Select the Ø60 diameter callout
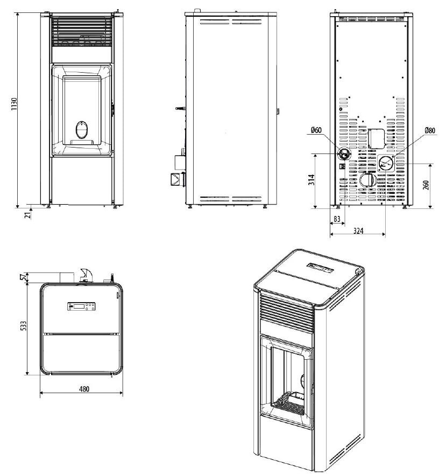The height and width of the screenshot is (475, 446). tap(316, 130)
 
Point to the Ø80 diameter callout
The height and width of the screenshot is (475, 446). tap(429, 130)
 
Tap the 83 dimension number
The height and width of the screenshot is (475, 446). tap(336, 219)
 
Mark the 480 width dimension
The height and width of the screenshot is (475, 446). tap(82, 389)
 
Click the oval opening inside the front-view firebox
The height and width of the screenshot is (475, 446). tap(82, 129)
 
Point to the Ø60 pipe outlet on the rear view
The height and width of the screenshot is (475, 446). tap(343, 154)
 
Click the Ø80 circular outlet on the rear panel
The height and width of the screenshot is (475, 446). tap(385, 162)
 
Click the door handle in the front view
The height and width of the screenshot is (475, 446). tap(113, 108)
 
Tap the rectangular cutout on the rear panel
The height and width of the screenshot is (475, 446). tap(375, 138)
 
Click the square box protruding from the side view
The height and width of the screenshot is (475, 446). tap(177, 179)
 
